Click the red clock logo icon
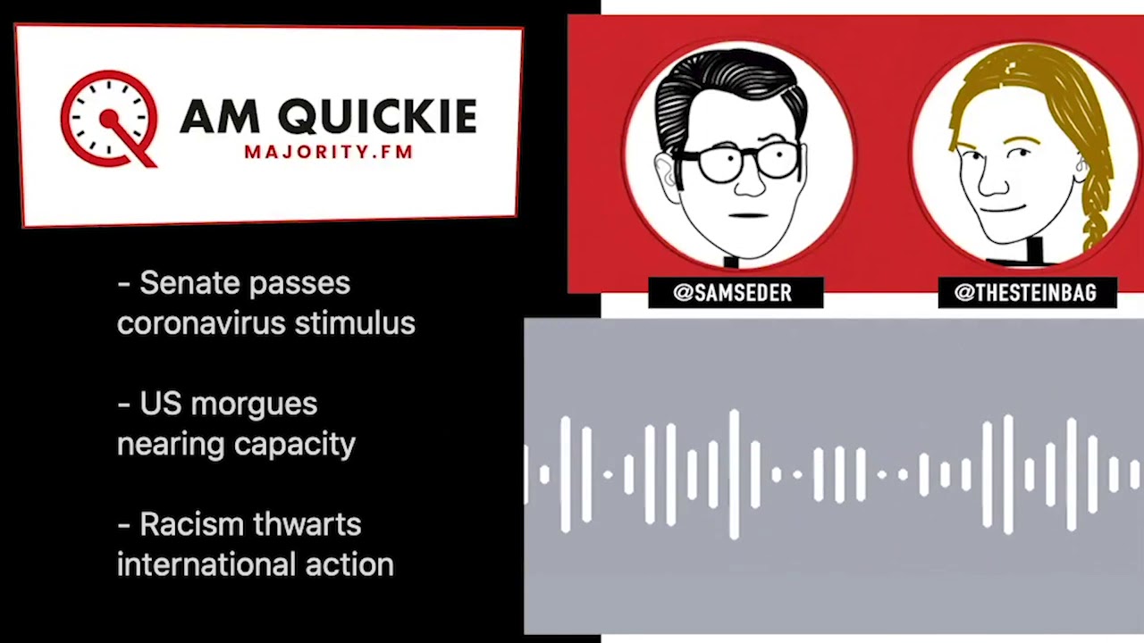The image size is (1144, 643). pyautogui.click(x=108, y=120)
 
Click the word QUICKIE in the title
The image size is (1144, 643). pyautogui.click(x=377, y=117)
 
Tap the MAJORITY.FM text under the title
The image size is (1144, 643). pyautogui.click(x=328, y=152)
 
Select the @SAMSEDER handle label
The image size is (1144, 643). pyautogui.click(x=736, y=292)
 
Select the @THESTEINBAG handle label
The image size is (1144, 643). pyautogui.click(x=1027, y=292)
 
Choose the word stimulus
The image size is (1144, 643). pyautogui.click(x=355, y=323)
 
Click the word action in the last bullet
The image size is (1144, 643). pyautogui.click(x=349, y=564)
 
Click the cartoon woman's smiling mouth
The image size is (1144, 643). pyautogui.click(x=1000, y=208)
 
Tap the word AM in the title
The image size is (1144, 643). pyautogui.click(x=221, y=117)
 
